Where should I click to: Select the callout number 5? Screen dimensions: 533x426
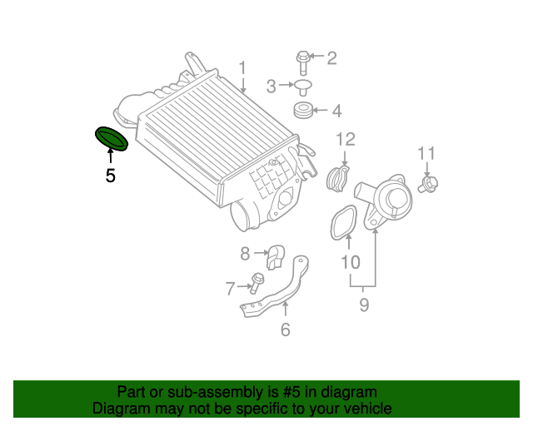(x=110, y=176)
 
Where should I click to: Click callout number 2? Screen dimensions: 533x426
(x=331, y=58)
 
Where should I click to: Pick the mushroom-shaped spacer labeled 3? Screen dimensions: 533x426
(x=303, y=87)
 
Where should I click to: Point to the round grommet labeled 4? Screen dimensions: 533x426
(x=303, y=111)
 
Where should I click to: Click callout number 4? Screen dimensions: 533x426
(x=336, y=111)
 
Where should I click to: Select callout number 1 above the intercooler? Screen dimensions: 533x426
(x=242, y=68)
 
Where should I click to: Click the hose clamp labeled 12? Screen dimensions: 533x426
(x=338, y=178)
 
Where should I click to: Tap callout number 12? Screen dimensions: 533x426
(x=346, y=139)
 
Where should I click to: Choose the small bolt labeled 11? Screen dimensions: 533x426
(x=428, y=184)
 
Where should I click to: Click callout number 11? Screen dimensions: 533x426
(x=426, y=153)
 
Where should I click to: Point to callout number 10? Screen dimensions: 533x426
(x=350, y=262)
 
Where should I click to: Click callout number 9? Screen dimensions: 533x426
(x=364, y=305)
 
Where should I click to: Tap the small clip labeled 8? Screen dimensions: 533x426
(x=275, y=257)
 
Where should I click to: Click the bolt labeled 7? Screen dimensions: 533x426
(x=256, y=283)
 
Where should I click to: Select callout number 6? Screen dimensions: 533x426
(x=285, y=329)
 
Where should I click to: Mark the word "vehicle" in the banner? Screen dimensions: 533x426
(x=370, y=408)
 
